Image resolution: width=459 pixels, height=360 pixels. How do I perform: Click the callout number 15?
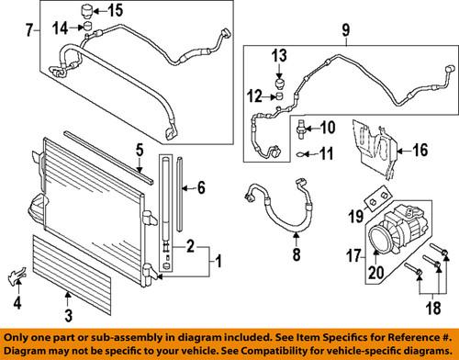[115, 11]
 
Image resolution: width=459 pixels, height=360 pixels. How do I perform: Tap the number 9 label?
[345, 39]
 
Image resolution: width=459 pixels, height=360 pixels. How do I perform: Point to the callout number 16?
[420, 150]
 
